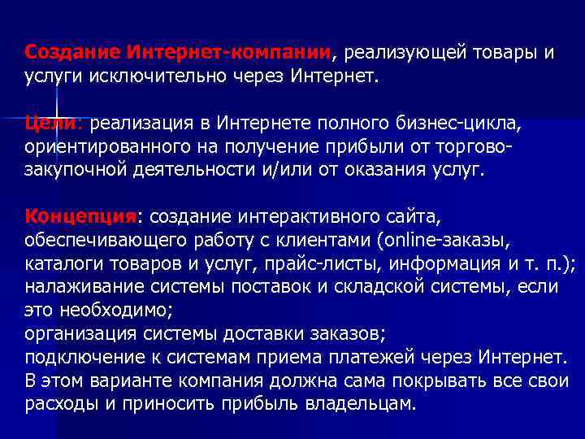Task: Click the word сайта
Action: coord(410,217)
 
